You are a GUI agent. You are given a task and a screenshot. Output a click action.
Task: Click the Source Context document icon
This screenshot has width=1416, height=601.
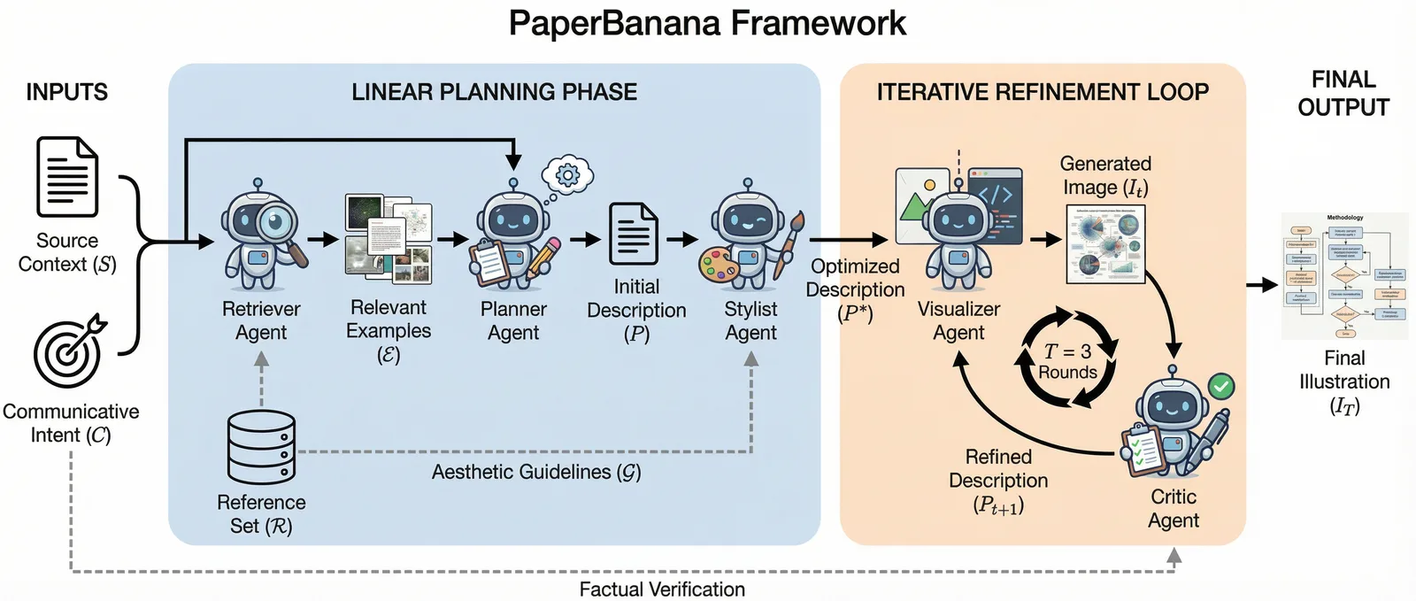(x=66, y=177)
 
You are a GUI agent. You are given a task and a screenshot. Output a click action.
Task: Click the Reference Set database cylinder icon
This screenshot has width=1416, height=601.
(x=261, y=446)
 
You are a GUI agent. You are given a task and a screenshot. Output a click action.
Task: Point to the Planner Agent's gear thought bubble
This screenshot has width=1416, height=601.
(x=567, y=175)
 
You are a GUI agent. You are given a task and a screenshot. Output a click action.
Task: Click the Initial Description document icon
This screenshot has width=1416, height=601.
(x=634, y=234)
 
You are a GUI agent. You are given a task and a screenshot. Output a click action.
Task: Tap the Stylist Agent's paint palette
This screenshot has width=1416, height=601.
(x=718, y=266)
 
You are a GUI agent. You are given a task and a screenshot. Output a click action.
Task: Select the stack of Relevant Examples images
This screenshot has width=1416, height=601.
(x=389, y=239)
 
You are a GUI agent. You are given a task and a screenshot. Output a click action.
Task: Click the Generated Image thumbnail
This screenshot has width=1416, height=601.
(x=1105, y=244)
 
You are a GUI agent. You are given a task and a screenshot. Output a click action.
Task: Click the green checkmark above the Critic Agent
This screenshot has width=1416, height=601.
(x=1221, y=386)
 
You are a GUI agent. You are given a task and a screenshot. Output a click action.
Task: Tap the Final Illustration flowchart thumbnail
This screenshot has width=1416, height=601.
(x=1343, y=276)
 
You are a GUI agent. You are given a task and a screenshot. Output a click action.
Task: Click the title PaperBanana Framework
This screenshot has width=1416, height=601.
(x=707, y=23)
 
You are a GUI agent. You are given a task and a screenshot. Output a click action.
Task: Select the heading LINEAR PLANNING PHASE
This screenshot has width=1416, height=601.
(x=494, y=92)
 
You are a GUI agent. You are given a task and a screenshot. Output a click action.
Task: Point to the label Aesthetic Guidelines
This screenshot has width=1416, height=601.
(x=536, y=472)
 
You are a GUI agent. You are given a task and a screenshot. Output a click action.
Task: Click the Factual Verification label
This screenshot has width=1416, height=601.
(x=662, y=589)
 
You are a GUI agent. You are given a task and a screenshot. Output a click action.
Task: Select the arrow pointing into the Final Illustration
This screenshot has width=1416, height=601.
(x=1261, y=284)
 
